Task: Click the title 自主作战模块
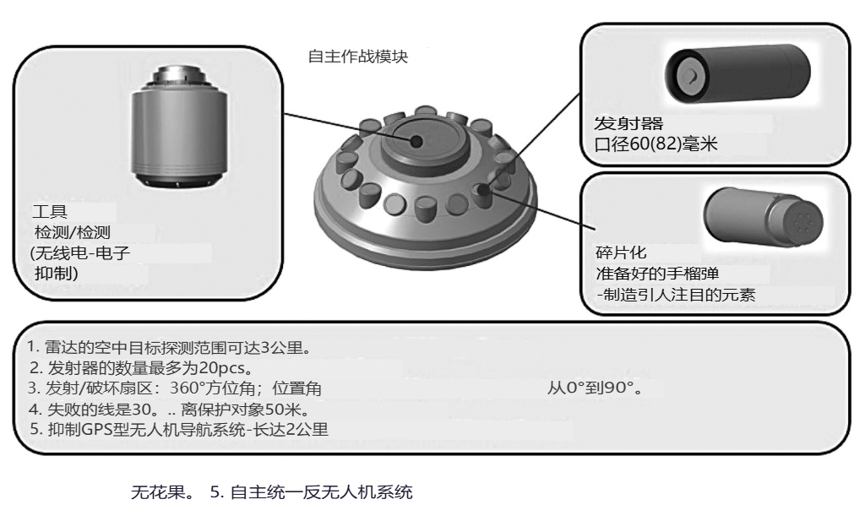coord(357,57)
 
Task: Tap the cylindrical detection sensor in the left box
coord(179,128)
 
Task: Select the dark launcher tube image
coord(737,73)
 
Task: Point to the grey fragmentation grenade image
coord(763,218)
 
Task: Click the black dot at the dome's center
coord(417,142)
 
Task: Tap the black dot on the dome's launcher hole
coord(484,191)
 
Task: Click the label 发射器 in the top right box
coord(628,123)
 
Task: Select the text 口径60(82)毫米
coord(656,144)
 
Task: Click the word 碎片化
coord(621,252)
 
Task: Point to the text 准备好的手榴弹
coord(657,274)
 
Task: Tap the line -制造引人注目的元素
coord(676,295)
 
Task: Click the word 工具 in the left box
coord(50,211)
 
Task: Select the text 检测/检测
coord(73,232)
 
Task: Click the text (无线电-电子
coord(80,252)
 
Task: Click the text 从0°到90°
coord(596,388)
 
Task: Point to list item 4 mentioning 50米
coord(170,409)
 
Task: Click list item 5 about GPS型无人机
coord(179,429)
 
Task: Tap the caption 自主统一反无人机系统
coord(321,491)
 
